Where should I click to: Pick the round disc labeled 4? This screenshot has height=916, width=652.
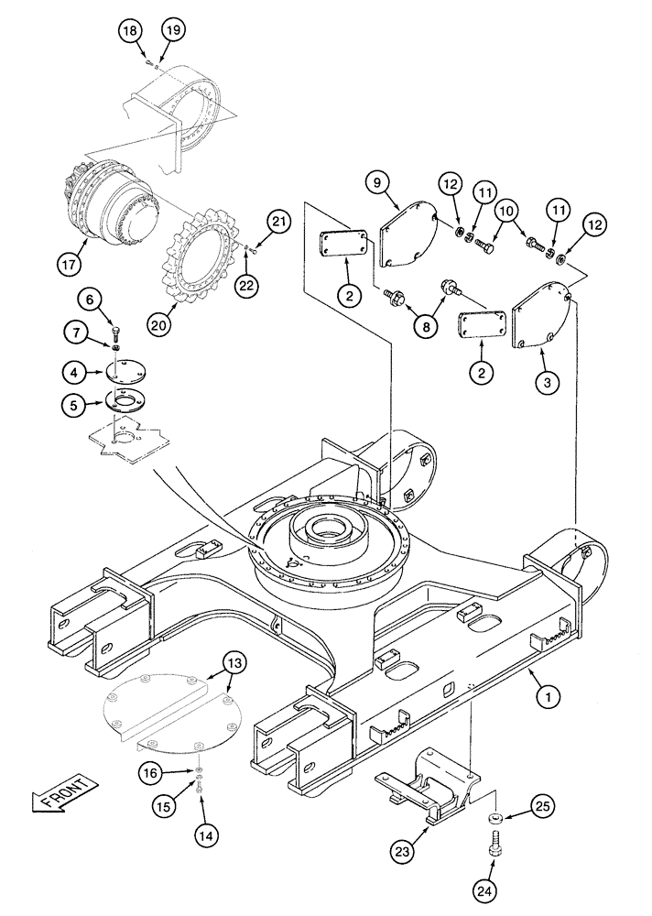[x=119, y=372]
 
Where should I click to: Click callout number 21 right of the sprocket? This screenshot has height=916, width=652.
[x=279, y=221]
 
